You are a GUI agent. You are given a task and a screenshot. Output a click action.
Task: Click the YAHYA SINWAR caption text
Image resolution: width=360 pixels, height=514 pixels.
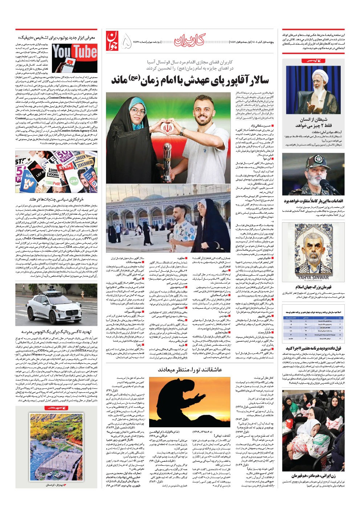point(315,277)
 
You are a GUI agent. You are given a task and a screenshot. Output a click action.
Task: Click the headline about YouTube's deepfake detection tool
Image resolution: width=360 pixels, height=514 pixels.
point(57,37)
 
